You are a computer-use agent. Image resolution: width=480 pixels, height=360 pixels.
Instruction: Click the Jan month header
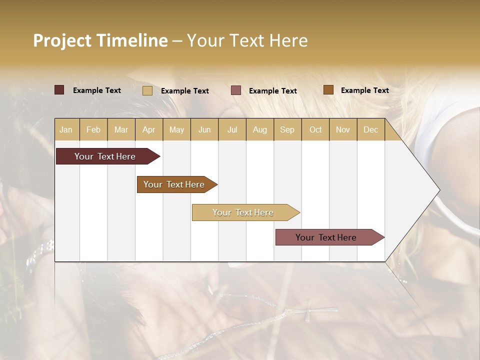pos(66,129)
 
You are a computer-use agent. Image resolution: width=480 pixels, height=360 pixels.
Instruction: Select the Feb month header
pos(93,129)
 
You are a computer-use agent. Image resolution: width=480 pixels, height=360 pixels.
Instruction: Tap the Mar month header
pos(121,129)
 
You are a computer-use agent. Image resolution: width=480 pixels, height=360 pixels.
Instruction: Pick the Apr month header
pos(149,129)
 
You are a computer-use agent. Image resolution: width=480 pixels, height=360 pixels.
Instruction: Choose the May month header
pos(176,129)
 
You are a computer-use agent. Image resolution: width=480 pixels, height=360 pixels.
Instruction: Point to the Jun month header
pos(204,129)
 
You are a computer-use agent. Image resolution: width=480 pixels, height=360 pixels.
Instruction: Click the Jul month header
pos(232,129)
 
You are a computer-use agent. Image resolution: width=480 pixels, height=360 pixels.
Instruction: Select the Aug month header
pos(260,129)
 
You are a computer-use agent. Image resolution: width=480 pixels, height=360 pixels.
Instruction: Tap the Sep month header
pos(287,129)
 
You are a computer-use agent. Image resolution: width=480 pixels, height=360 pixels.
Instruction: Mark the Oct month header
pos(315,129)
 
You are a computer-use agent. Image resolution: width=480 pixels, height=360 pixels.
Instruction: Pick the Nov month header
pos(343,129)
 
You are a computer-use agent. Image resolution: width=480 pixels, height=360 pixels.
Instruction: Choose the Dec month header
pos(370,129)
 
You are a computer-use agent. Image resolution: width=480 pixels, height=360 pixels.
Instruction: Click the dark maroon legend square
pos(59,90)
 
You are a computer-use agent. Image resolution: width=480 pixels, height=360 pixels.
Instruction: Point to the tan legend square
pos(147,90)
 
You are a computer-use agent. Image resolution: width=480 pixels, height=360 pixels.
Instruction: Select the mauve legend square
pos(236,90)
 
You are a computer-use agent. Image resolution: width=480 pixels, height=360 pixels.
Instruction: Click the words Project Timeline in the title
pos(100,40)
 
